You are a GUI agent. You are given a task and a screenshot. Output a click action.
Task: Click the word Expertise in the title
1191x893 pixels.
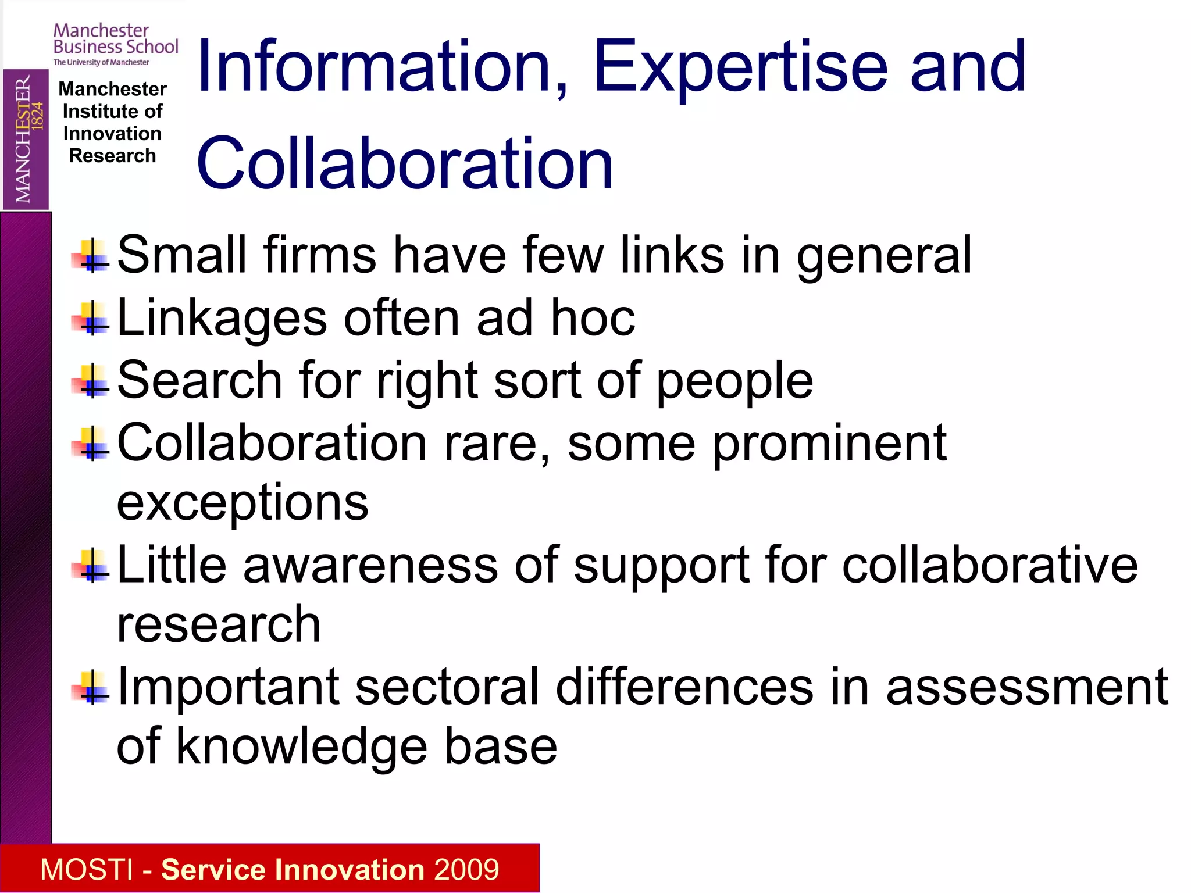pos(740,67)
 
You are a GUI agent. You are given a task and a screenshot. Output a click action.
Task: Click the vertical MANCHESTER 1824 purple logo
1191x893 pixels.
pos(26,140)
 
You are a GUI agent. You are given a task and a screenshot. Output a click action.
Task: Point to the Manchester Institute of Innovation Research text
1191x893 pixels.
pos(112,122)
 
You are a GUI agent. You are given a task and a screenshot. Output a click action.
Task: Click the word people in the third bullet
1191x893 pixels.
pos(734,381)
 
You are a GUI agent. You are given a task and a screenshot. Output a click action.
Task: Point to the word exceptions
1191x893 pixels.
pos(243,502)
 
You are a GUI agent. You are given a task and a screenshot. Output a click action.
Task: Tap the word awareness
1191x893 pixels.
pos(370,565)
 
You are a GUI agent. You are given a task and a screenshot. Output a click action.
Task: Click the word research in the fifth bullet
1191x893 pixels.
pos(219,624)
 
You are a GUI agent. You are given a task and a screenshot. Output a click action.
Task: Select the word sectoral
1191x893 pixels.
pos(447,687)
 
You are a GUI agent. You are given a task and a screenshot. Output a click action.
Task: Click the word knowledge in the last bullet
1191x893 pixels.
pos(302,746)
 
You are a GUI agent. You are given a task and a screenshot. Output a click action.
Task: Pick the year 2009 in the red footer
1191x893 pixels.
pos(466,870)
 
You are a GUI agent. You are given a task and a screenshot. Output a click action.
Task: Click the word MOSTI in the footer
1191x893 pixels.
pos(87,870)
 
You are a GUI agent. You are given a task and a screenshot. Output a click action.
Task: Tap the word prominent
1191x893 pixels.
pos(830,443)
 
